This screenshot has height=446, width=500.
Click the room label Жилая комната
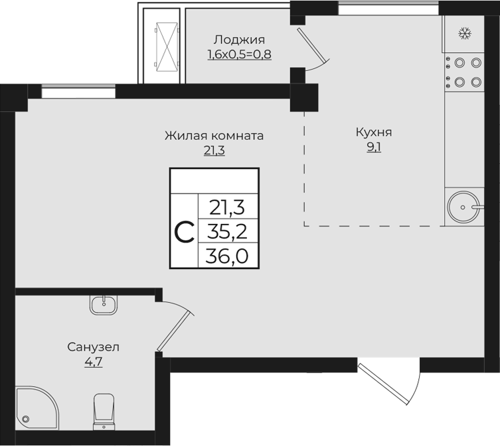tap(214, 136)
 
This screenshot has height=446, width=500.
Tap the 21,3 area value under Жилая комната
tap(214, 151)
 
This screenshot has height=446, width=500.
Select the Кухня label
tap(374, 132)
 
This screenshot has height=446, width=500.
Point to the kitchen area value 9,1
tap(374, 148)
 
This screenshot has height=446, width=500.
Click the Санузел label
tap(93, 347)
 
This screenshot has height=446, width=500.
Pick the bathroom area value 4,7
tap(93, 362)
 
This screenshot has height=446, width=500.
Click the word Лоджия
tap(240, 39)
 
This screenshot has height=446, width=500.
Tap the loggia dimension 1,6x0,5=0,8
tap(240, 54)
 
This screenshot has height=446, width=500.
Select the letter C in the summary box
tap(184, 231)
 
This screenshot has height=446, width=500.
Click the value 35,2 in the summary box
tap(227, 231)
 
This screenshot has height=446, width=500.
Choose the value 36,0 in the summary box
tap(227, 256)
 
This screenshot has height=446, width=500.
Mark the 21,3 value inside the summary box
tap(227, 207)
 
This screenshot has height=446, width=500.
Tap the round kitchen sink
tap(463, 207)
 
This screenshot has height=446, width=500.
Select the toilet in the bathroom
tap(106, 412)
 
